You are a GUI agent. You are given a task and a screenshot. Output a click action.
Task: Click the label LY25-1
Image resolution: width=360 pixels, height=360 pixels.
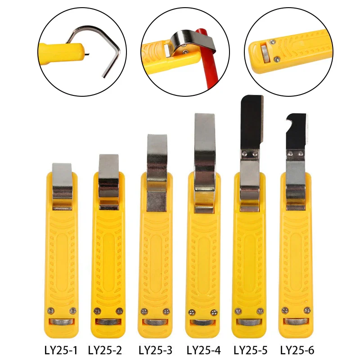61,351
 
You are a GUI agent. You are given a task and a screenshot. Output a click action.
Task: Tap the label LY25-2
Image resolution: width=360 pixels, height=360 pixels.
105,351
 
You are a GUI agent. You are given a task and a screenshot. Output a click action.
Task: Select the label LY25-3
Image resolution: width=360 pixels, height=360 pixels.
155,351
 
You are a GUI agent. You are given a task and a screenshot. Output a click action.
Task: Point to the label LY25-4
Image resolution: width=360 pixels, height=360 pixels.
204,351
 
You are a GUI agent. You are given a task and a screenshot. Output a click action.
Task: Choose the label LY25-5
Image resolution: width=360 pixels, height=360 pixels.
251,351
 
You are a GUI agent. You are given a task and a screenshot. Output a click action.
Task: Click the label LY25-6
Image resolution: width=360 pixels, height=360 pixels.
297,351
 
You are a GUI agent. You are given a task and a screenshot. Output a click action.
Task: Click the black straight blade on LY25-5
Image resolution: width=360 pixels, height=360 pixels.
251,122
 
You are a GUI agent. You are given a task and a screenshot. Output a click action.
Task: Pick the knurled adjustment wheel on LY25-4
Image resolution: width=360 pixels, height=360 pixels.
203,322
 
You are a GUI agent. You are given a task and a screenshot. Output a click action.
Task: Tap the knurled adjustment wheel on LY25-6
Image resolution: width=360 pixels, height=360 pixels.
296,321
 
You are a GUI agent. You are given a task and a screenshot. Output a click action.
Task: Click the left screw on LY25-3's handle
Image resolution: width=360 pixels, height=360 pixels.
144,311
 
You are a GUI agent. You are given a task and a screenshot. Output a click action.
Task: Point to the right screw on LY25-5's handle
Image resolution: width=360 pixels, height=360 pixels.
260,311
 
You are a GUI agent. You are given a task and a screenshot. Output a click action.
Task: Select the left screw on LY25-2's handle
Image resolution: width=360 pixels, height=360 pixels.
97,311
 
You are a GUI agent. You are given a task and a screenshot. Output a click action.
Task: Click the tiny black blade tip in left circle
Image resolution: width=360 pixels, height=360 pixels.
86,54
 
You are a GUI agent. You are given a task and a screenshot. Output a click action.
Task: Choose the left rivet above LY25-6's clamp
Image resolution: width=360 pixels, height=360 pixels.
290,154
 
